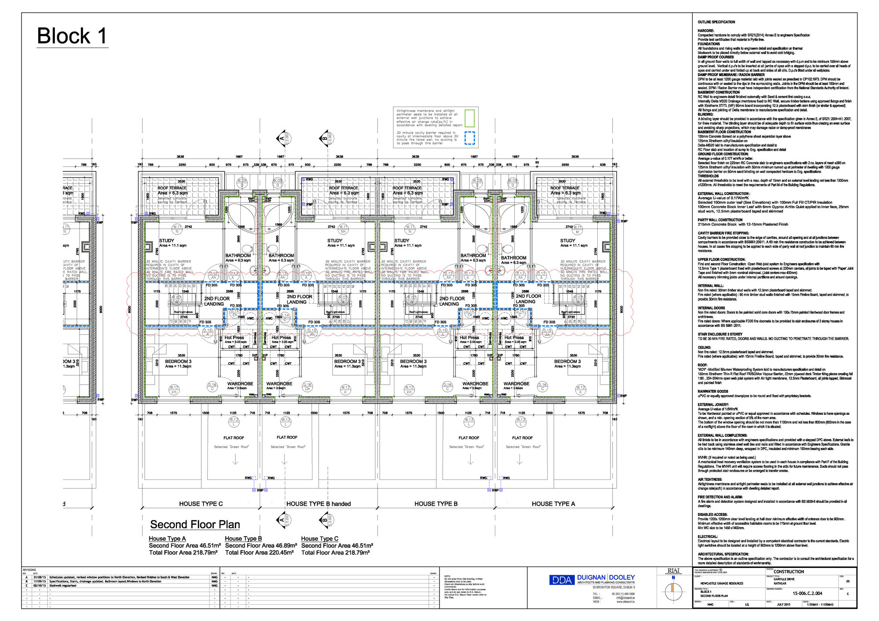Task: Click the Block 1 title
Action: tap(72, 36)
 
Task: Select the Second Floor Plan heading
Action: tap(195, 524)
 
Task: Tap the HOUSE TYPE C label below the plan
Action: tap(201, 504)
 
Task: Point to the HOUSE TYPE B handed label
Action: tap(318, 504)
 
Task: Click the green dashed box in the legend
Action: tap(469, 118)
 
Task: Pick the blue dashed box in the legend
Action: tap(469, 138)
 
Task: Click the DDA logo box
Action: tap(561, 580)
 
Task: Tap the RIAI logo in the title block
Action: tap(673, 571)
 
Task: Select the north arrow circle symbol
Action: tap(673, 592)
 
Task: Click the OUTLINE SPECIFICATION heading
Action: tap(716, 22)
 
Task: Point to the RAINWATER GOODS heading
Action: tap(713, 391)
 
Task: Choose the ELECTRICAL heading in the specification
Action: tap(708, 537)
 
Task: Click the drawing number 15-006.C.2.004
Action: tap(807, 593)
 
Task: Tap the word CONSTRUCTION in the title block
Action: tap(788, 572)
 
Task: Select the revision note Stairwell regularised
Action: tap(62, 585)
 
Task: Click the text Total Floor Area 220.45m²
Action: tap(259, 552)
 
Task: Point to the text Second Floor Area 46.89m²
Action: tap(261, 545)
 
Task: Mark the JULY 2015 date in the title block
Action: tap(783, 604)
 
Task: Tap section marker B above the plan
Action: tap(324, 138)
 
